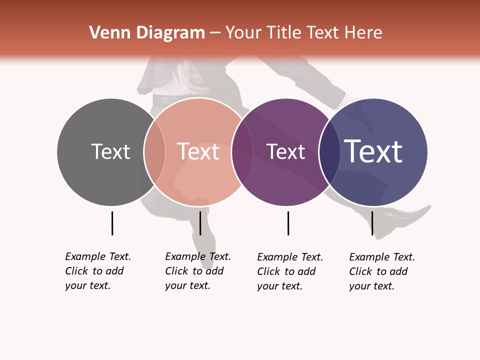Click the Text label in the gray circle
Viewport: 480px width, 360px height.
point(110,151)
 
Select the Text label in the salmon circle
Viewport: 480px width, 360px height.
point(198,151)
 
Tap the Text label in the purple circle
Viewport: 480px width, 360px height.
point(285,152)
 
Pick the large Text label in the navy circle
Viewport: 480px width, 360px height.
point(373,151)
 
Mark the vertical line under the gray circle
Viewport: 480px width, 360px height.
point(112,223)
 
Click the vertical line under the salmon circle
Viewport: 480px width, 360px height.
point(200,223)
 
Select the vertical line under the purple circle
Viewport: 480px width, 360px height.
point(288,223)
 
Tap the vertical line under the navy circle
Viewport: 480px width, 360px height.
point(372,223)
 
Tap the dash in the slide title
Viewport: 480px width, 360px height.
point(215,33)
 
